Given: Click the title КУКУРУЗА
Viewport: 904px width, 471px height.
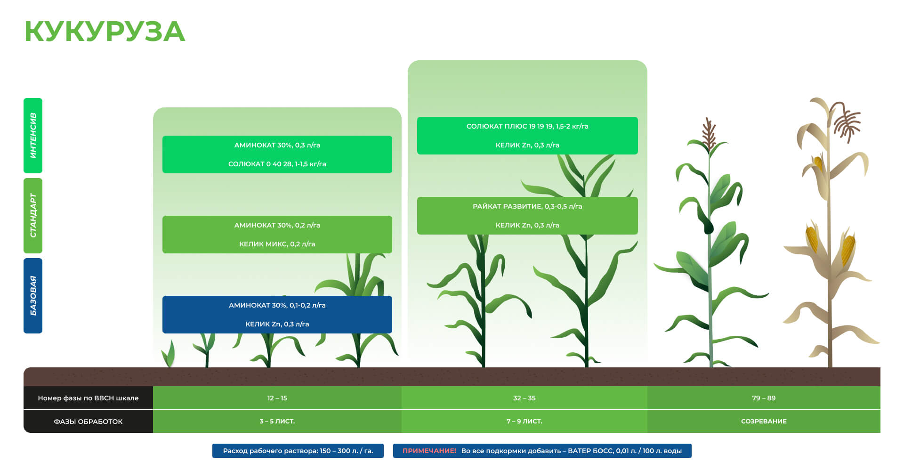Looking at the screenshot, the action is click(105, 32).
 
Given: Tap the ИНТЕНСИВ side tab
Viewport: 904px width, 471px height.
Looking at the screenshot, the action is click(33, 136).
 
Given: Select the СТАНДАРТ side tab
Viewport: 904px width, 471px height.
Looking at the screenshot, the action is click(33, 216).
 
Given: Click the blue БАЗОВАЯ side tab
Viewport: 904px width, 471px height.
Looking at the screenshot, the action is click(33, 296).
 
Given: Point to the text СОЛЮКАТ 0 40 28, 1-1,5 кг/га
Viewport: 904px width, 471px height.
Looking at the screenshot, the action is click(277, 164).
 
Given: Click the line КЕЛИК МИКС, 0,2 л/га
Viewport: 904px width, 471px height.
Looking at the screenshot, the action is click(277, 244).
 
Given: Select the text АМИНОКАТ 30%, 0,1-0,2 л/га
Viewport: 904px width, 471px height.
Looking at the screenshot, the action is click(277, 305).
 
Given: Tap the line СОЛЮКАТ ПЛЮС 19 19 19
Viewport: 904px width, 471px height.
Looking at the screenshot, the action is click(527, 126).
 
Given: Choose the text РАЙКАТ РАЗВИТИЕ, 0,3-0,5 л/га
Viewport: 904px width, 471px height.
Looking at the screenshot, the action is click(527, 206).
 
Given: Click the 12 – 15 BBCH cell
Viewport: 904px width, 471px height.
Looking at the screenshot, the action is click(277, 398).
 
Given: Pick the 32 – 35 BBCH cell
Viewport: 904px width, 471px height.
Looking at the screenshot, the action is click(525, 398).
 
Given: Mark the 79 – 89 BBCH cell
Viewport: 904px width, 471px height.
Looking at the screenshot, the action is click(764, 398).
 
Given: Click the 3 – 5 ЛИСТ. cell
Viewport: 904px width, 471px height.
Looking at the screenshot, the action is click(277, 421).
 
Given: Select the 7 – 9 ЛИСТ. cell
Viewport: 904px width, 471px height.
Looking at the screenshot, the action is click(525, 421).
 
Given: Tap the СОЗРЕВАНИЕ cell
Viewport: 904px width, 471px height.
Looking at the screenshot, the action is click(764, 421).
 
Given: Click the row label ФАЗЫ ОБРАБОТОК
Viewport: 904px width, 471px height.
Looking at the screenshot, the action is click(88, 422).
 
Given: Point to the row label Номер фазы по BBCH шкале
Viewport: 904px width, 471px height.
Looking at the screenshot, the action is click(88, 398).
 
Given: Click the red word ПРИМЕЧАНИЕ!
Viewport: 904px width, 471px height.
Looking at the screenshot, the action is click(429, 451).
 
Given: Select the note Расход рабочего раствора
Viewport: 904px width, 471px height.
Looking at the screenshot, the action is click(298, 451).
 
